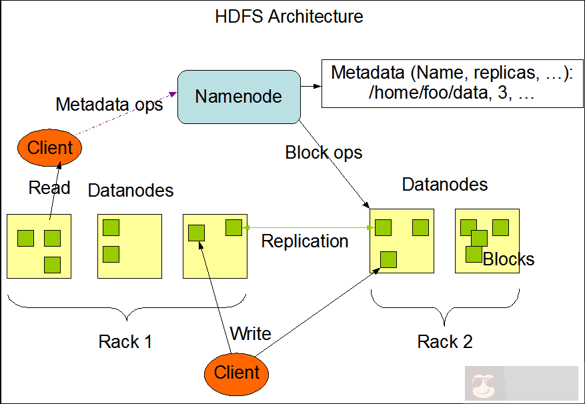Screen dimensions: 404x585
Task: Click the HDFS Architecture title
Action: click(x=289, y=16)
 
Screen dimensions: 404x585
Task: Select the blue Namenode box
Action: click(x=238, y=97)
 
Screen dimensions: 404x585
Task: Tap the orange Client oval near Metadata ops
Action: click(x=49, y=148)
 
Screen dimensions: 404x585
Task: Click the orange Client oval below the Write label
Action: click(x=237, y=372)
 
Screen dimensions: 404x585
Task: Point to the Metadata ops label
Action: click(x=109, y=105)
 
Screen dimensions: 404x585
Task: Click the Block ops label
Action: click(x=324, y=153)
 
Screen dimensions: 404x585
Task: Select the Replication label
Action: click(x=304, y=241)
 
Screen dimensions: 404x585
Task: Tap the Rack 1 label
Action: click(x=125, y=342)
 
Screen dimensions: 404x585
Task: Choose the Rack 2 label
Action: click(x=444, y=342)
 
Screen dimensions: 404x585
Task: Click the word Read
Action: click(x=49, y=188)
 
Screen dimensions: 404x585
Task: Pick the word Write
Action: click(x=250, y=333)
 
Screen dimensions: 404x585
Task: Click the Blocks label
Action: click(x=508, y=259)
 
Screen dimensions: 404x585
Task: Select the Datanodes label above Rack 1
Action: click(x=131, y=191)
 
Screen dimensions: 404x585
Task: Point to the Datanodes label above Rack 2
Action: click(x=444, y=184)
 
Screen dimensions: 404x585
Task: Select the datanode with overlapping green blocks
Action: click(x=486, y=241)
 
